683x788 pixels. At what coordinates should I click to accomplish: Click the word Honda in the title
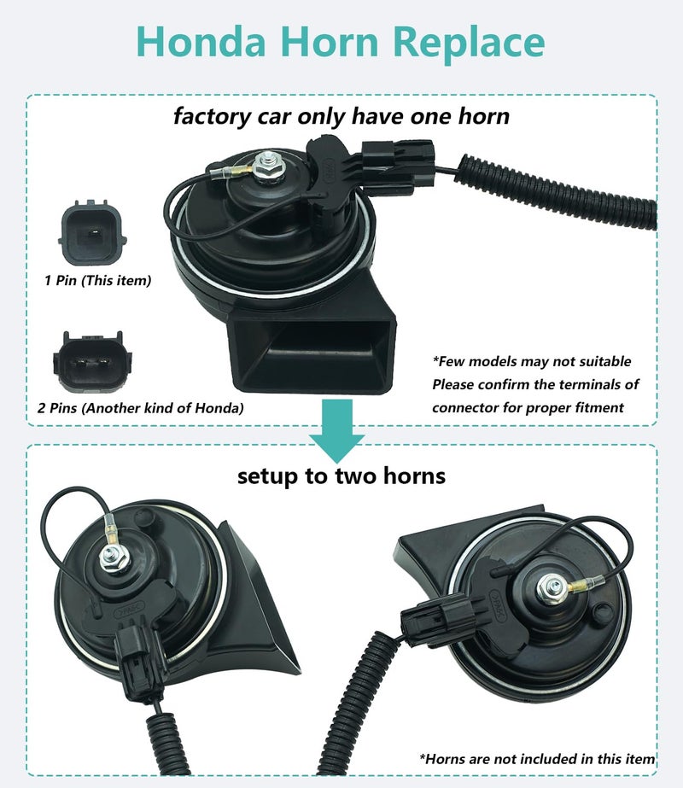[201, 41]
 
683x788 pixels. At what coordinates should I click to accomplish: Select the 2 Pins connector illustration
[92, 361]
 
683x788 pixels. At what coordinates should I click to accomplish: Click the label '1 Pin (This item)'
[97, 280]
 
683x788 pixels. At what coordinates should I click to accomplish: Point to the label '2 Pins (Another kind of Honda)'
[140, 407]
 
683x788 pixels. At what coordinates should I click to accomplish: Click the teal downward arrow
[336, 430]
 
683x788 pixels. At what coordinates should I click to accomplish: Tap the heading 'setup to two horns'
[341, 476]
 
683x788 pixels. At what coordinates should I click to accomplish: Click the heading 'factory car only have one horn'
[341, 117]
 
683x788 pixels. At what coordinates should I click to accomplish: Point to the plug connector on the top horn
[398, 163]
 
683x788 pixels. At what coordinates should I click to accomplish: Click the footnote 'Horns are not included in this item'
[537, 759]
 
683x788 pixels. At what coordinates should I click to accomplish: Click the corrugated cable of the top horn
[555, 191]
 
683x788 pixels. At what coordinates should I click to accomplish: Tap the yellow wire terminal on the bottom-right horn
[577, 585]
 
